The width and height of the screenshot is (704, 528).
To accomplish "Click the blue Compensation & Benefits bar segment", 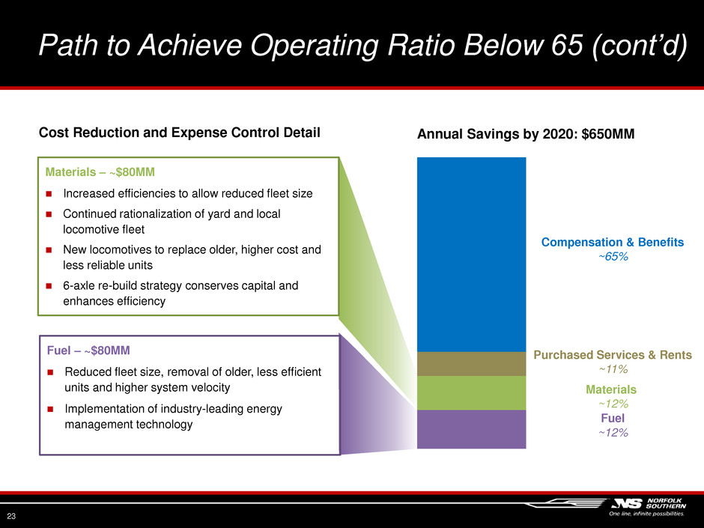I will click(471, 254).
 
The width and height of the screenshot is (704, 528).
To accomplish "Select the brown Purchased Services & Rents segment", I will click(471, 364).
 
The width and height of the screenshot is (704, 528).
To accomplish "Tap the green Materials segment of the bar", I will click(471, 392).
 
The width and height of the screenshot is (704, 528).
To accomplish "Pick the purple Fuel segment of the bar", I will click(471, 429).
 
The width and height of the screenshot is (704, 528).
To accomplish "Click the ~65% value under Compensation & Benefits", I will click(612, 257).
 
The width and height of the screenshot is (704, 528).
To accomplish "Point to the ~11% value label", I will click(612, 369).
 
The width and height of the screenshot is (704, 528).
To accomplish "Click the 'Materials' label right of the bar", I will click(611, 389).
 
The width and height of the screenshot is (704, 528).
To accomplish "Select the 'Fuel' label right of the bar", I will click(612, 418).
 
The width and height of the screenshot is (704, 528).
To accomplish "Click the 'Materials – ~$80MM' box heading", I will click(100, 172).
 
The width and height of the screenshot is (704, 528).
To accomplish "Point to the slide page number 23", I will click(12, 515).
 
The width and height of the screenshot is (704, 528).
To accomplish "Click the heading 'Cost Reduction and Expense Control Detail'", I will click(179, 133).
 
